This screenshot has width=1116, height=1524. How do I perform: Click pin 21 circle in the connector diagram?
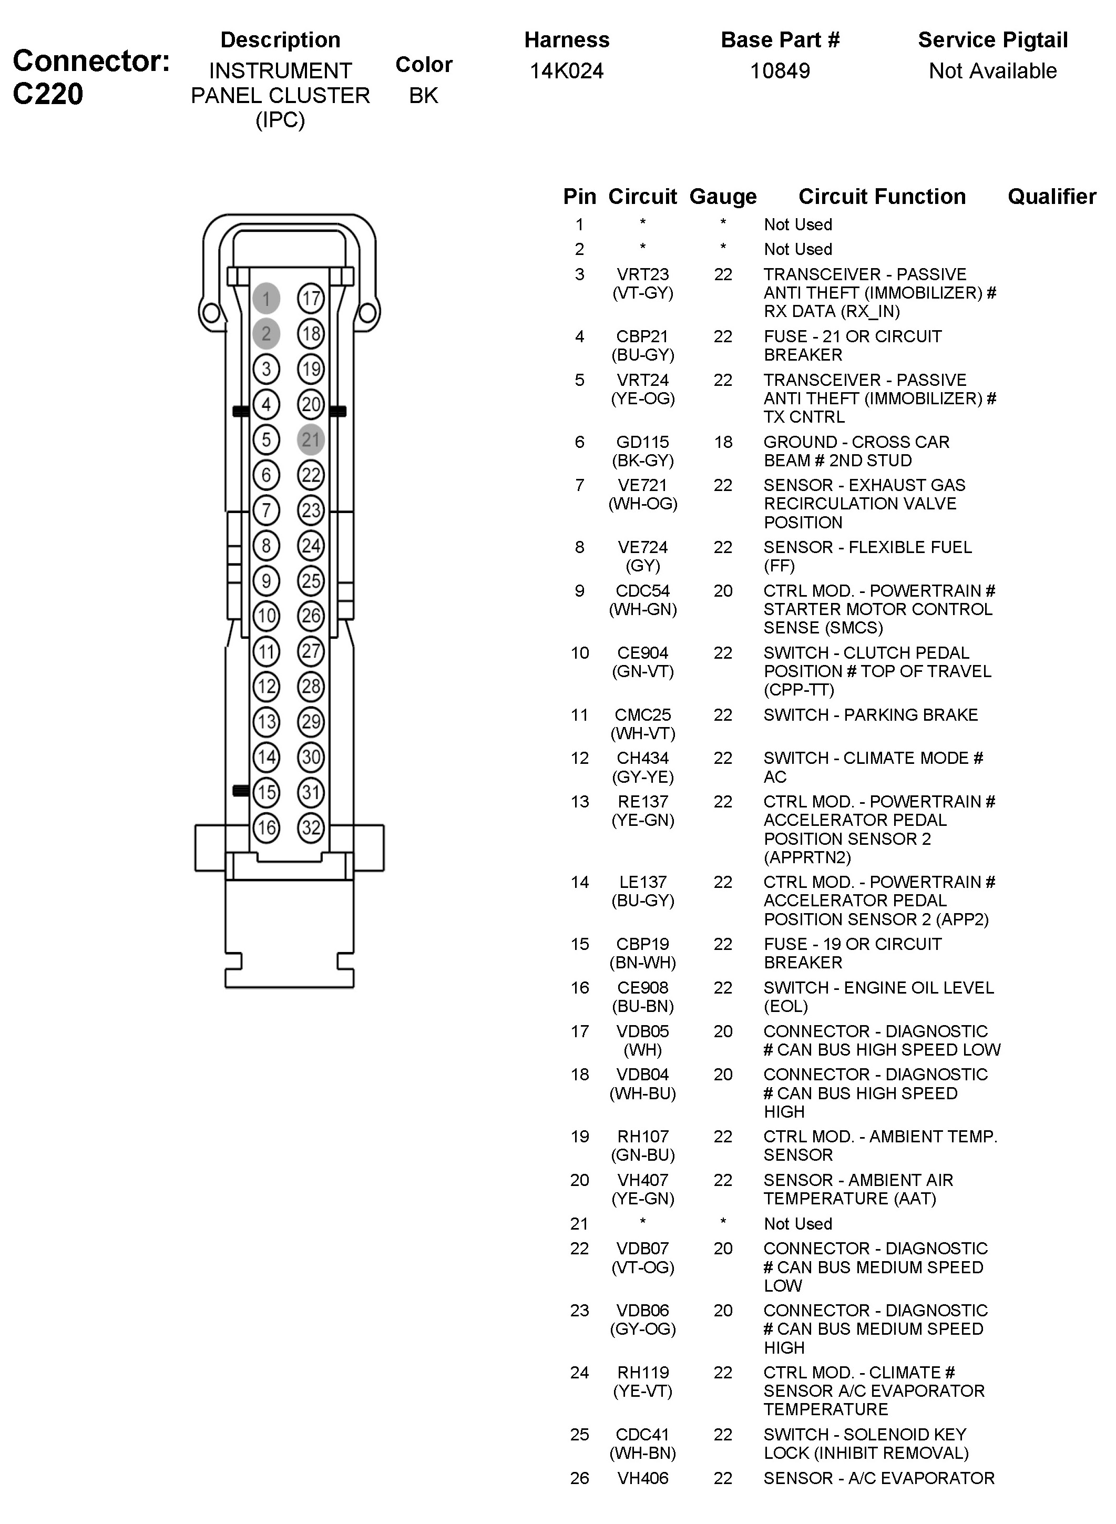[x=311, y=440]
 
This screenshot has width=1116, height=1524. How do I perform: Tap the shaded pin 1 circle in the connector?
[x=266, y=299]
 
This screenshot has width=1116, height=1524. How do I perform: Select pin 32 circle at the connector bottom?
[x=311, y=827]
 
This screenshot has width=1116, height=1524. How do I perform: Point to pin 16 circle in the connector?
[x=266, y=827]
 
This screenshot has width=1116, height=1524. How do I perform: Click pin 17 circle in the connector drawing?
[x=311, y=299]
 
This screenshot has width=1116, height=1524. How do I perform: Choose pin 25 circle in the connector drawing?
[x=311, y=581]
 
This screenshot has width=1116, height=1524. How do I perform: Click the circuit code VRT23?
[x=642, y=274]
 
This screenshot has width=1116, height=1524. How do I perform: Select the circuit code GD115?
[x=642, y=442]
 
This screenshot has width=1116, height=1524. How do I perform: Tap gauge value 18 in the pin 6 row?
[x=723, y=442]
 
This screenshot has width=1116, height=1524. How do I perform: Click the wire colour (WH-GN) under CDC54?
[x=642, y=609]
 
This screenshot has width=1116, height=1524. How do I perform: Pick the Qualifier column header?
[x=1051, y=197]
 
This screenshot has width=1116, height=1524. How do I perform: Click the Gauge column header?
[x=723, y=197]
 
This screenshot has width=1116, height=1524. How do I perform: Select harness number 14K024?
[x=566, y=71]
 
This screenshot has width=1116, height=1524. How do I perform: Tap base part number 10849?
[x=780, y=71]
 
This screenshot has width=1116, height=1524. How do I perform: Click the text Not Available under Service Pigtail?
[x=992, y=71]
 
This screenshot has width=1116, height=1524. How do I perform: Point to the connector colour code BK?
[x=424, y=96]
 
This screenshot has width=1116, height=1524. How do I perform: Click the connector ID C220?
[x=48, y=94]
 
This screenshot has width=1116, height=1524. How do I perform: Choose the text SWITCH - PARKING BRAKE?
[x=870, y=715]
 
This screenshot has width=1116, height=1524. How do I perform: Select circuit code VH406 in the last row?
[x=642, y=1478]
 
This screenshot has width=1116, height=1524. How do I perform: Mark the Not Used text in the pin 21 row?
[x=798, y=1223]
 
